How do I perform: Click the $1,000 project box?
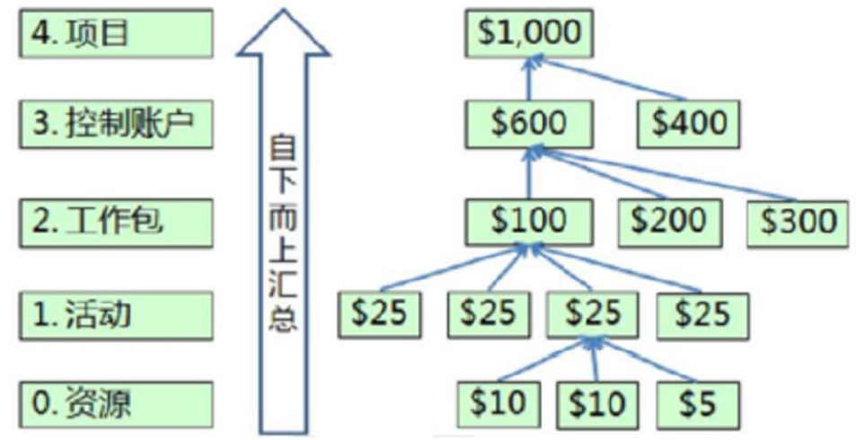(x=529, y=33)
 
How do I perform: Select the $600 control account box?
(x=529, y=123)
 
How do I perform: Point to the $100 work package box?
(x=529, y=220)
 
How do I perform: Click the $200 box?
(x=668, y=220)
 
